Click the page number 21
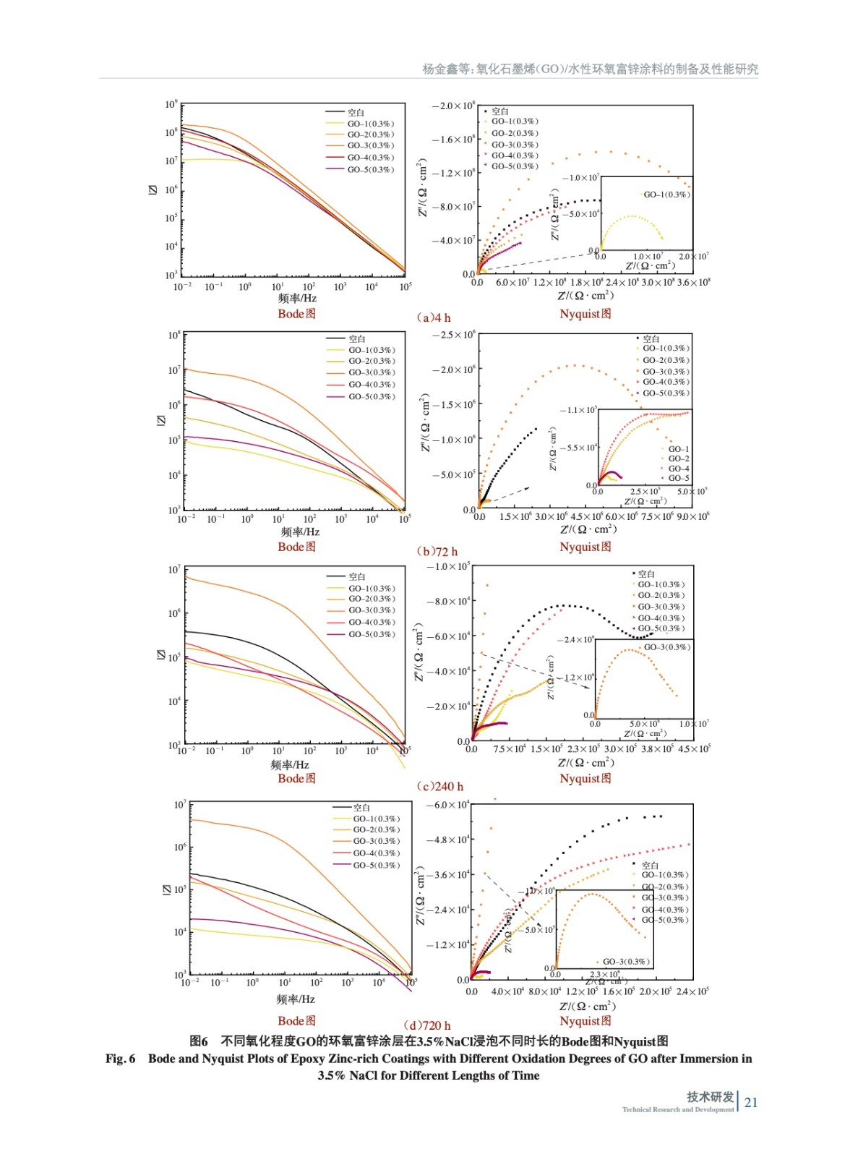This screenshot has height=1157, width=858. point(751,1102)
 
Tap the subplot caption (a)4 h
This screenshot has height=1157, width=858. point(434,317)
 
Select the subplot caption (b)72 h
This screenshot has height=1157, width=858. point(437,551)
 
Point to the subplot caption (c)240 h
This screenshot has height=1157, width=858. point(440,786)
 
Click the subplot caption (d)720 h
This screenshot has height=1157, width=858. point(427,1025)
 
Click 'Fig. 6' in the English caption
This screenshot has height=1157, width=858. point(120,1059)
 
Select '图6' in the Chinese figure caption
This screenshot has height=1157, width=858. point(199,1041)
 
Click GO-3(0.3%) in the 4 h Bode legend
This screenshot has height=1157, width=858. point(371,145)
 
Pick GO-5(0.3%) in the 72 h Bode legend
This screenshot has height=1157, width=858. point(372,396)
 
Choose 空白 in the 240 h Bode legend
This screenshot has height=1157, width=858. point(357,576)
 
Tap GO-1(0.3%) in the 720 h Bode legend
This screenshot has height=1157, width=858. point(376,819)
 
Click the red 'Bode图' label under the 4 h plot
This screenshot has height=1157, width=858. point(296,314)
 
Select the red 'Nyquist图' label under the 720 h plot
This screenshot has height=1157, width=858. point(585,1021)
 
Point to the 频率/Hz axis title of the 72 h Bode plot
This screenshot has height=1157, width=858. point(300,531)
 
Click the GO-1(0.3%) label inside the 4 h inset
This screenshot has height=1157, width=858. point(666,195)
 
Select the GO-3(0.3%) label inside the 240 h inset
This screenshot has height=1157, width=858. point(667,647)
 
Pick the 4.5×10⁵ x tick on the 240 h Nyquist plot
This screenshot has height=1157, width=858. point(694,748)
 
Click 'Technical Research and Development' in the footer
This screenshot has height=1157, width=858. point(677,1109)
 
